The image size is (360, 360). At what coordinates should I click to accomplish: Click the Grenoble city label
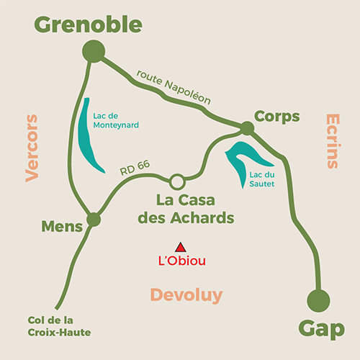[88, 24]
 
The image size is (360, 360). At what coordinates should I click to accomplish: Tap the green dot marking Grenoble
[94, 51]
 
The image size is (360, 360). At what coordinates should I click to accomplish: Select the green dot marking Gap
[318, 301]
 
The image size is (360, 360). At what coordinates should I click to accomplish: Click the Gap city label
[322, 329]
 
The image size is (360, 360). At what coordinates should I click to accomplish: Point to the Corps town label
[277, 117]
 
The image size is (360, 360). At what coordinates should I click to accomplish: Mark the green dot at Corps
[247, 128]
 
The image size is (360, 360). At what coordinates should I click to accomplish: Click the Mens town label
[62, 226]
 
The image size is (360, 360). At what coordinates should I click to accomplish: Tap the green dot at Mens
[94, 220]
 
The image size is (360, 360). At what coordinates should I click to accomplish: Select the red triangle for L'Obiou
[181, 248]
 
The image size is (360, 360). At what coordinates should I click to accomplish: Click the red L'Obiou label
[182, 261]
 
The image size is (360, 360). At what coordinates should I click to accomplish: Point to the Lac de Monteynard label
[116, 120]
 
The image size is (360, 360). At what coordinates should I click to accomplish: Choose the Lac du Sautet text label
[262, 179]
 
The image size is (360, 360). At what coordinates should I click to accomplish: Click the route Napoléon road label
[174, 87]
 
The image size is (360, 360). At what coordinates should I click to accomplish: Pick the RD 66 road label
[135, 168]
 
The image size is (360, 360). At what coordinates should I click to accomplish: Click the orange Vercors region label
[32, 148]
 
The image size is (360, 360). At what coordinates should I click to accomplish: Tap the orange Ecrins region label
[333, 141]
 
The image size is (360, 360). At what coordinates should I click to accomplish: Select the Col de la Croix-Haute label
[59, 326]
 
